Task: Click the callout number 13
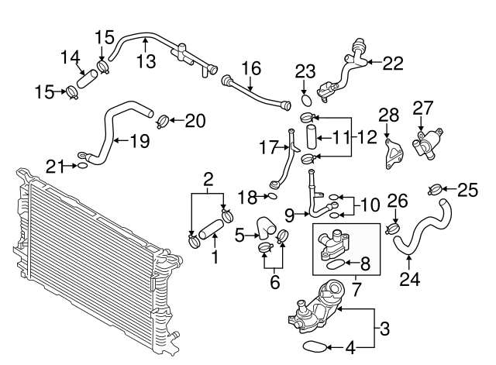145,61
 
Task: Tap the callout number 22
393,64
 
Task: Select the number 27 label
423,107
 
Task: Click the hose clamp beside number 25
436,188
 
